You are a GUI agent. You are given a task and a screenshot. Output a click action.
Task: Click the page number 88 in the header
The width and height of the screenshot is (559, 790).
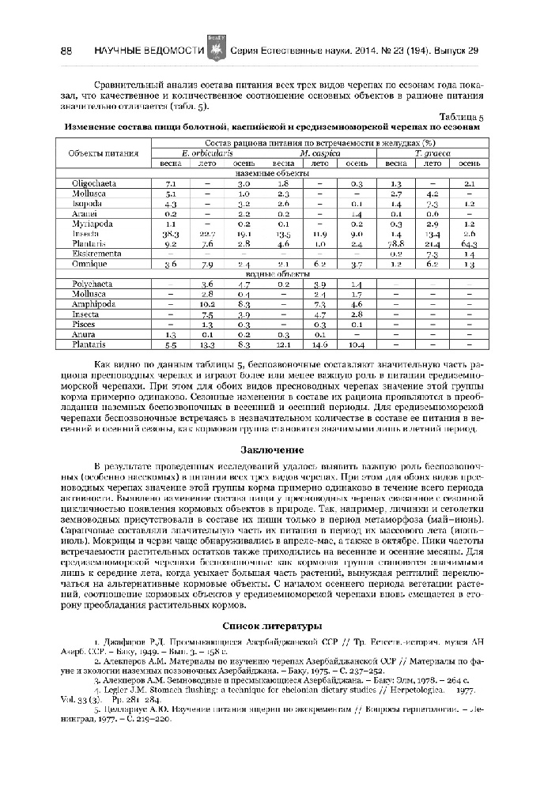click(x=66, y=51)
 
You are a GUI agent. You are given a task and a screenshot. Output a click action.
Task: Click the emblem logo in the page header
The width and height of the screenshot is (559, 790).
click(x=213, y=50)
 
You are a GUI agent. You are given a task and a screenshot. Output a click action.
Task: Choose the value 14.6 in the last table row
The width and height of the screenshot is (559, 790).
click(x=319, y=344)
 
